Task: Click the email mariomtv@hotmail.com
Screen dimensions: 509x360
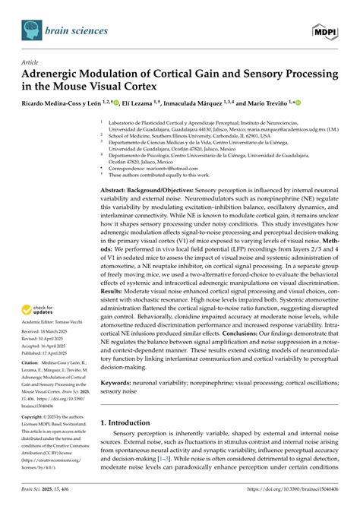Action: click(179, 158)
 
